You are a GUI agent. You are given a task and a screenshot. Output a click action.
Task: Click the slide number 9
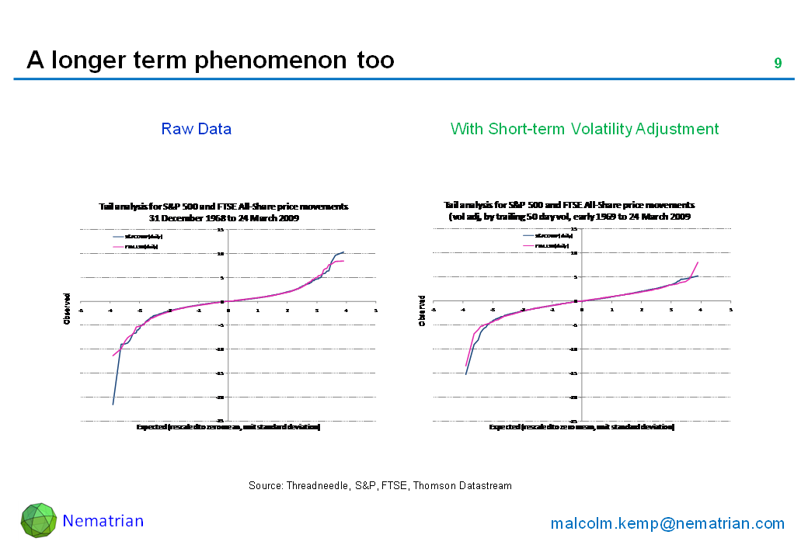click(x=778, y=63)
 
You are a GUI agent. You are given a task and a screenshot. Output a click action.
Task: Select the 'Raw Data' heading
click(x=197, y=129)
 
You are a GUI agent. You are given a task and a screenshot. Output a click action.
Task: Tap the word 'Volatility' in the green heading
click(x=617, y=129)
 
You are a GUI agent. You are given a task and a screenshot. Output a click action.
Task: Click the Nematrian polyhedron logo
click(x=38, y=520)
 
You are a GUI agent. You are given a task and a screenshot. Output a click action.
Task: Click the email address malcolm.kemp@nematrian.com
click(x=667, y=524)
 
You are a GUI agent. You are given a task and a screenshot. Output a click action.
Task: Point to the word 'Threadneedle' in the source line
click(x=319, y=486)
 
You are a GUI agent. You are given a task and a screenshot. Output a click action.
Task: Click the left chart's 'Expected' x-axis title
click(x=228, y=427)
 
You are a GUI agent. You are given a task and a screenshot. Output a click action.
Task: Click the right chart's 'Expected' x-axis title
click(x=581, y=427)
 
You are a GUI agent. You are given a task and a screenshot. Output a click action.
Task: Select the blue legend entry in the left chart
click(x=136, y=236)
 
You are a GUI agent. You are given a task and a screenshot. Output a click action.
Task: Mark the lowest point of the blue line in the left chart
click(x=113, y=404)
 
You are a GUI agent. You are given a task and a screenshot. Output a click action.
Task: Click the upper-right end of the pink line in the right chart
click(x=698, y=262)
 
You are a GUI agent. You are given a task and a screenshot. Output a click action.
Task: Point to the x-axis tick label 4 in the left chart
click(x=346, y=309)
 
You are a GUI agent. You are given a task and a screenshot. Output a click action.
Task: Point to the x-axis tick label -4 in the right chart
click(x=463, y=309)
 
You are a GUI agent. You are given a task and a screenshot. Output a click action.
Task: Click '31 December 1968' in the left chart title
click(x=183, y=218)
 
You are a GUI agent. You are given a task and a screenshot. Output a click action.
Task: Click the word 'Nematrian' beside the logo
click(x=103, y=521)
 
